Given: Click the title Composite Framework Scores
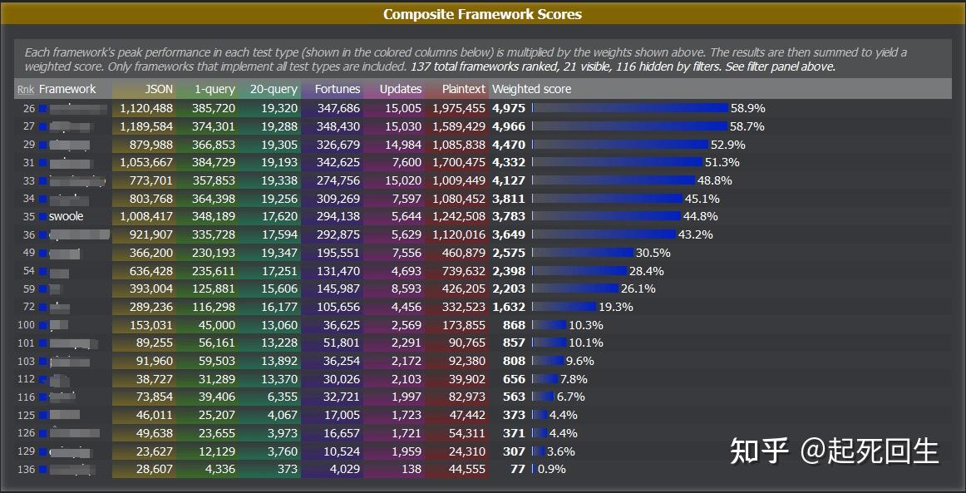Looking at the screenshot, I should pyautogui.click(x=482, y=14).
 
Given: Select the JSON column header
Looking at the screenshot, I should pyautogui.click(x=159, y=89).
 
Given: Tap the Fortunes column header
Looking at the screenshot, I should pyautogui.click(x=338, y=89).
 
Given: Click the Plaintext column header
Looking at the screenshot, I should pyautogui.click(x=464, y=89).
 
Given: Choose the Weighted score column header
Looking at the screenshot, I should pyautogui.click(x=531, y=89).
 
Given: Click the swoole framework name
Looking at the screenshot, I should pyautogui.click(x=67, y=216).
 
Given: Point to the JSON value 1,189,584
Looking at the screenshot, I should pyautogui.click(x=146, y=126).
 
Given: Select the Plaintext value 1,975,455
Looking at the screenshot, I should pyautogui.click(x=459, y=108).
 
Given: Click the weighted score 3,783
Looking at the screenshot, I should pyautogui.click(x=509, y=216).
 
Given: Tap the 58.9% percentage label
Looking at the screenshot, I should pyautogui.click(x=747, y=108).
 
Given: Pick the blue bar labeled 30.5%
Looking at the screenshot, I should pyautogui.click(x=583, y=253).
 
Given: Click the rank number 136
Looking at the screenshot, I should pyautogui.click(x=26, y=470).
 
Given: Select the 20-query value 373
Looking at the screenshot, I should pyautogui.click(x=287, y=470).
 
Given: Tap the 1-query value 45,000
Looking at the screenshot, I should pyautogui.click(x=216, y=325).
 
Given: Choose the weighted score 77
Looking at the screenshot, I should pyautogui.click(x=518, y=470).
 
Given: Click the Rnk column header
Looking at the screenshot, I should pyautogui.click(x=26, y=89).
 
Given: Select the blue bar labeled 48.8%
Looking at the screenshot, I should pyautogui.click(x=614, y=180).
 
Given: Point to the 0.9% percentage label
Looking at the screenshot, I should pyautogui.click(x=552, y=470).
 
